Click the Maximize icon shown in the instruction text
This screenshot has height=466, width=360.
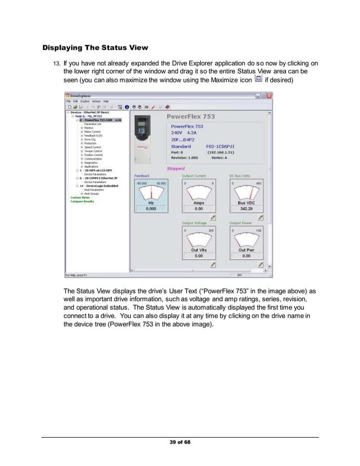[x=258, y=81]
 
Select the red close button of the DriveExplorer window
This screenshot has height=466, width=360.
[x=269, y=96]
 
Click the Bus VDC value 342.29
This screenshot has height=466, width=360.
[x=245, y=209]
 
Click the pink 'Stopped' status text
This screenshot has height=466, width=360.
[x=175, y=168]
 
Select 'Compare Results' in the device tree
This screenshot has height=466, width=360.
[x=82, y=201]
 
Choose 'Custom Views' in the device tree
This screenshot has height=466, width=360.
[x=80, y=197]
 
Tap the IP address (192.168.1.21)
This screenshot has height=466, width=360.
[x=223, y=152]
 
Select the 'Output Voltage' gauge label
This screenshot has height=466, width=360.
[x=194, y=223]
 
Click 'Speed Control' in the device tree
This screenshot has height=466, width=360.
[x=93, y=147]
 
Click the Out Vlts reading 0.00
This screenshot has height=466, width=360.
[x=198, y=256]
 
